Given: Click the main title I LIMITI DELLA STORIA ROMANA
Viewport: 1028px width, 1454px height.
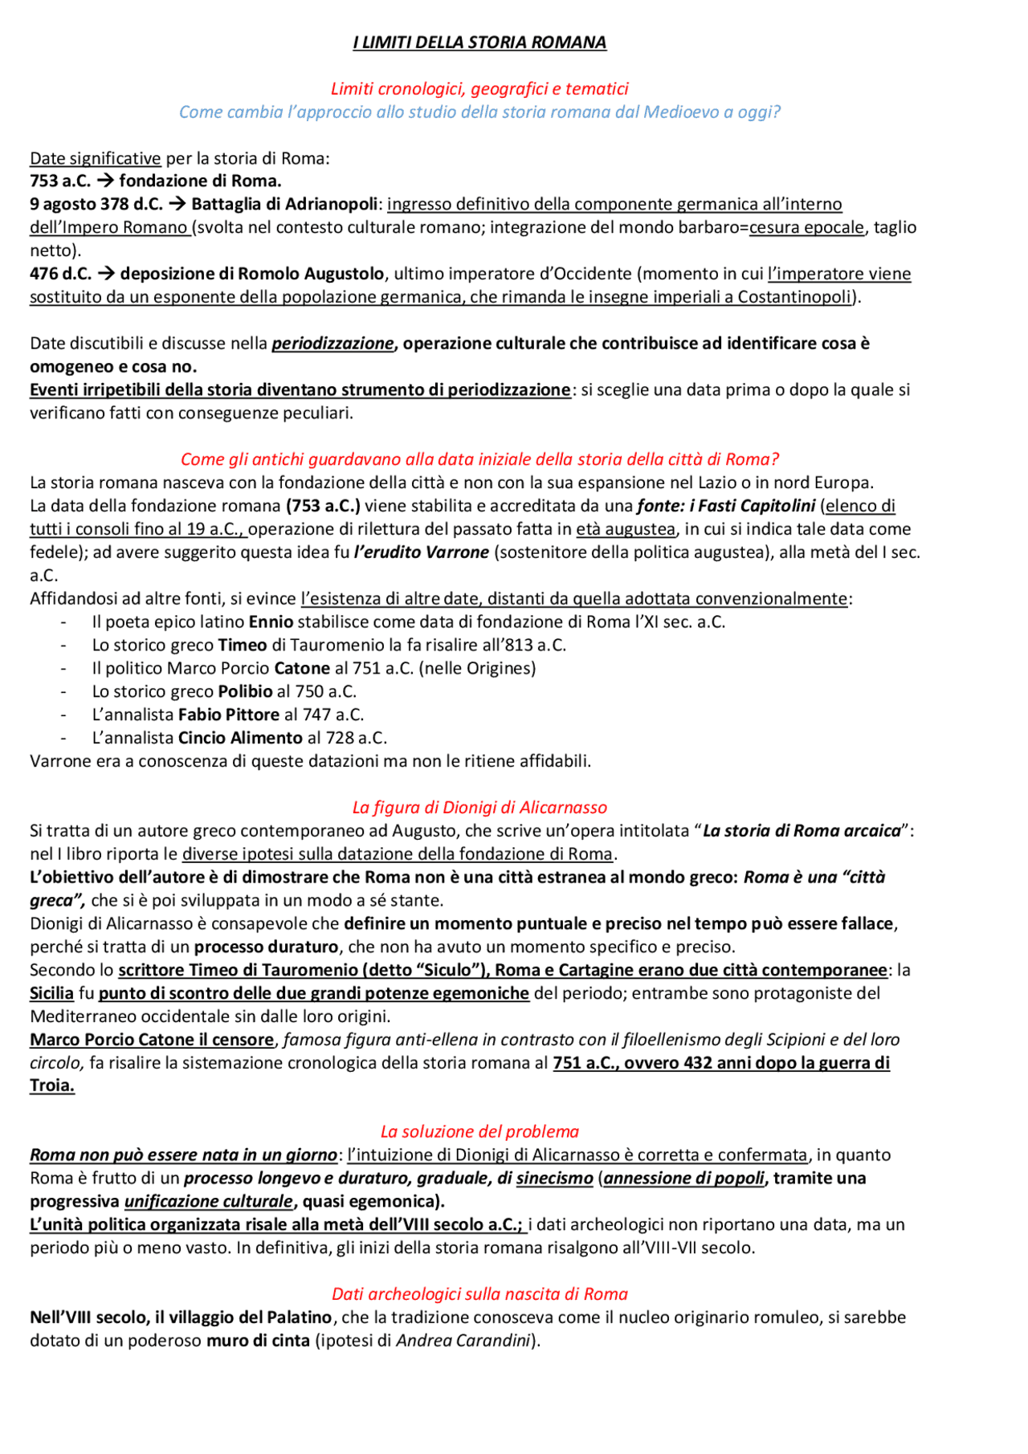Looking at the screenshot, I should point(479,43).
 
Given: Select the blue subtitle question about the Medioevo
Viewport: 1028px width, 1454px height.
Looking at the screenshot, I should point(479,112).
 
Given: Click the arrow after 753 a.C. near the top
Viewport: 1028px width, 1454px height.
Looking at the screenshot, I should point(105,181).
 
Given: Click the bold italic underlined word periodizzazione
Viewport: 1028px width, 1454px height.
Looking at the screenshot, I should point(332,344).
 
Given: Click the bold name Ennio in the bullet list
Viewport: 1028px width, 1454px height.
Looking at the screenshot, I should point(271,622).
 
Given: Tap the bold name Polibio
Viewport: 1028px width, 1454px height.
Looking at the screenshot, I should point(245,691).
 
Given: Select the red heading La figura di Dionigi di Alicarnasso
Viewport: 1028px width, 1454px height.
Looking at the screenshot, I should point(479,808).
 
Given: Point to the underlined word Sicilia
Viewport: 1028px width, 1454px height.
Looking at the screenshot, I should point(51,993).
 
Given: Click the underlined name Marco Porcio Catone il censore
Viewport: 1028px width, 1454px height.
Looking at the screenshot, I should point(152,1040).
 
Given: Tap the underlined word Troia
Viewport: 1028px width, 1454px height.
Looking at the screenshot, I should point(51,1085).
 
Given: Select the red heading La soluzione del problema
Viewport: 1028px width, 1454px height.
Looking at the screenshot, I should point(479,1132).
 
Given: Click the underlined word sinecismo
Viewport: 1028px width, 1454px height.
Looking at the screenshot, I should point(554,1179).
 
